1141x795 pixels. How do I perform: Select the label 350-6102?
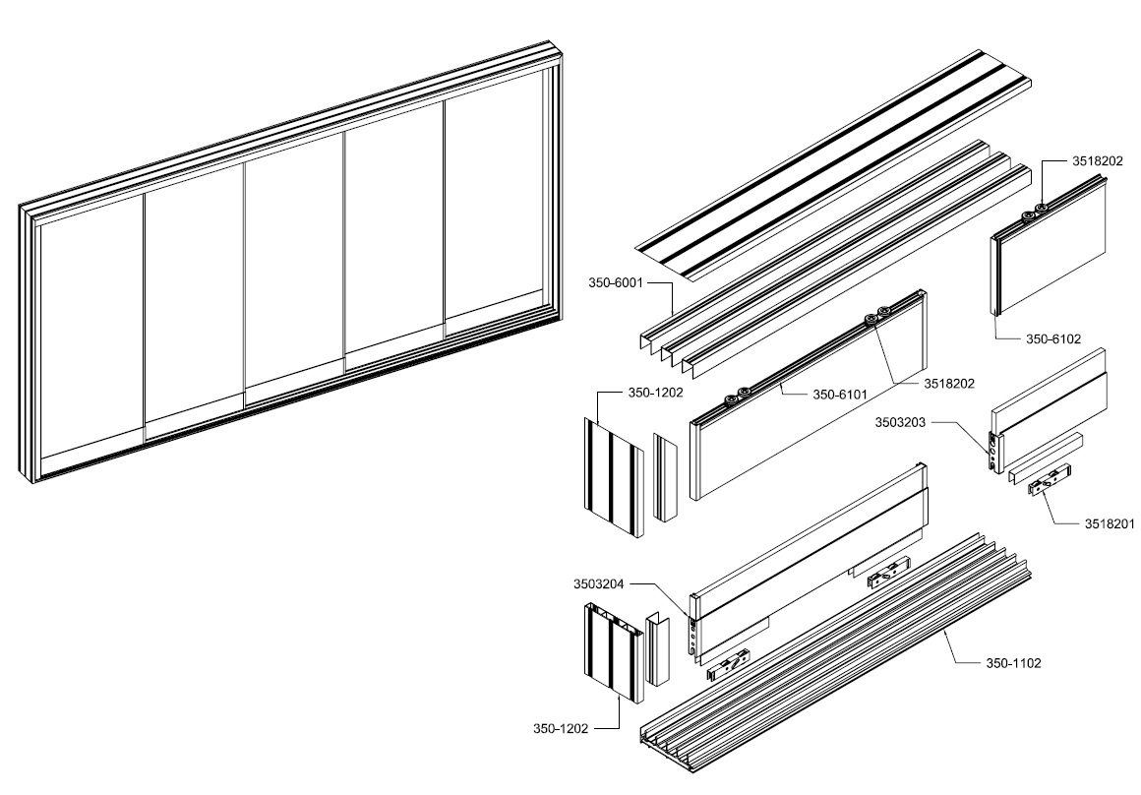pyautogui.click(x=1052, y=338)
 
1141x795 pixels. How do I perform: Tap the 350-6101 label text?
pyautogui.click(x=840, y=396)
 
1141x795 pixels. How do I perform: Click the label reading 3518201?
pyautogui.click(x=1110, y=524)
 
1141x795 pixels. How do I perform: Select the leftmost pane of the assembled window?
pyautogui.click(x=89, y=338)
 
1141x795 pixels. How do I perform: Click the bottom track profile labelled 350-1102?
pyautogui.click(x=836, y=669)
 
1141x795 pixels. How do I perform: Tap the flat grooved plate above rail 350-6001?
pyautogui.click(x=836, y=157)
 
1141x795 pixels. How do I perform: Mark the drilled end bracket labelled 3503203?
pyautogui.click(x=994, y=452)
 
